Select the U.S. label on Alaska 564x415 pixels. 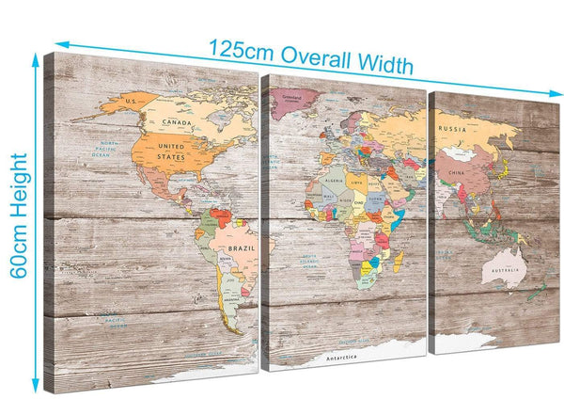click(133, 101)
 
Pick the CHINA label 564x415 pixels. click(459, 173)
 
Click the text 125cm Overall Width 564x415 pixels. click(310, 55)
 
